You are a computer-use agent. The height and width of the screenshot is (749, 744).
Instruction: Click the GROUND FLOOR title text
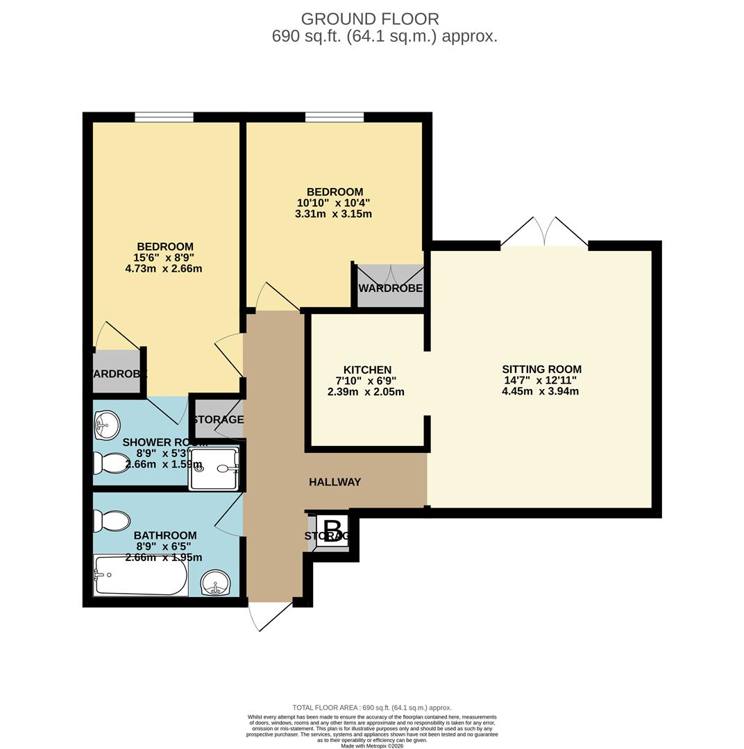(x=370, y=19)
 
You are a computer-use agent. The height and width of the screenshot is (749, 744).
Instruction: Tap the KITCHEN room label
(x=367, y=370)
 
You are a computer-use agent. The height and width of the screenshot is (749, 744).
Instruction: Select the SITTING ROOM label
(x=541, y=369)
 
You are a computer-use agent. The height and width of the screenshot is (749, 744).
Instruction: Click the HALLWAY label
(x=335, y=482)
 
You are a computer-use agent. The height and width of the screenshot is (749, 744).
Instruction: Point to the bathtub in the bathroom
(x=141, y=575)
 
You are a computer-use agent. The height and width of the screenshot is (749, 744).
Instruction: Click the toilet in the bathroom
(x=112, y=521)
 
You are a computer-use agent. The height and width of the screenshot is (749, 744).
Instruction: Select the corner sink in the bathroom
(x=216, y=583)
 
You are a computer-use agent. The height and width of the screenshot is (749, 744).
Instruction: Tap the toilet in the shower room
(x=112, y=463)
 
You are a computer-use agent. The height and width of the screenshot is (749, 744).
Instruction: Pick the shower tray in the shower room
(x=214, y=468)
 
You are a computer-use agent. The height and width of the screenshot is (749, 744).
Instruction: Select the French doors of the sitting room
(x=544, y=232)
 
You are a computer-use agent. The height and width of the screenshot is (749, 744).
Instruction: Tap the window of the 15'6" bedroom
(x=164, y=117)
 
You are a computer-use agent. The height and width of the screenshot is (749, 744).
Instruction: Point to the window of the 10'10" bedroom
(x=334, y=117)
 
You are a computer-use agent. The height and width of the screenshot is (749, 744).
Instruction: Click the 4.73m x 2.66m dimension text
(x=164, y=268)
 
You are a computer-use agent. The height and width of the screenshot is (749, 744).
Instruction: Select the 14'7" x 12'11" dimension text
(x=540, y=380)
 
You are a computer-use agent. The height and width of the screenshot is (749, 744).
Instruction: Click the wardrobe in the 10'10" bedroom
(x=390, y=286)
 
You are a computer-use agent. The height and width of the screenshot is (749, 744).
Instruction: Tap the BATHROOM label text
(x=165, y=535)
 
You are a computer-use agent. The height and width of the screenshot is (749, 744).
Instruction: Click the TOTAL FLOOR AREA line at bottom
(x=372, y=707)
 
